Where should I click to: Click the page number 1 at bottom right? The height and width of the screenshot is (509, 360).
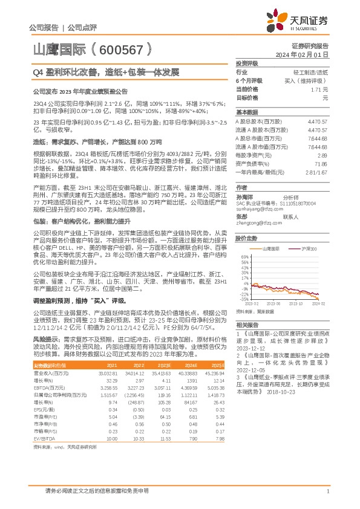327,493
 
